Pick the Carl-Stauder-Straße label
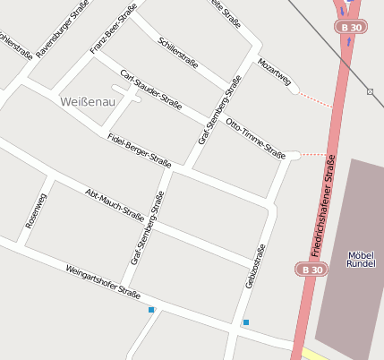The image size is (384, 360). click(151, 90)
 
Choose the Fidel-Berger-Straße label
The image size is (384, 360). click(139, 149)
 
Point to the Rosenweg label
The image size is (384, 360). click(35, 210)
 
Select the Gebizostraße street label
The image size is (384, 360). click(255, 266)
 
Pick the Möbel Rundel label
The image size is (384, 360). click(361, 260)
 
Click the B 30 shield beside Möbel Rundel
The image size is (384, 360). click(311, 269)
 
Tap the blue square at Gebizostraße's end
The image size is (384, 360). click(245, 321)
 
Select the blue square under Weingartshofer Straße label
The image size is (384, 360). click(151, 310)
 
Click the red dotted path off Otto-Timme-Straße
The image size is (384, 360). click(312, 154)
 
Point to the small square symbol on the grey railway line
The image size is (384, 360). click(370, 91)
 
